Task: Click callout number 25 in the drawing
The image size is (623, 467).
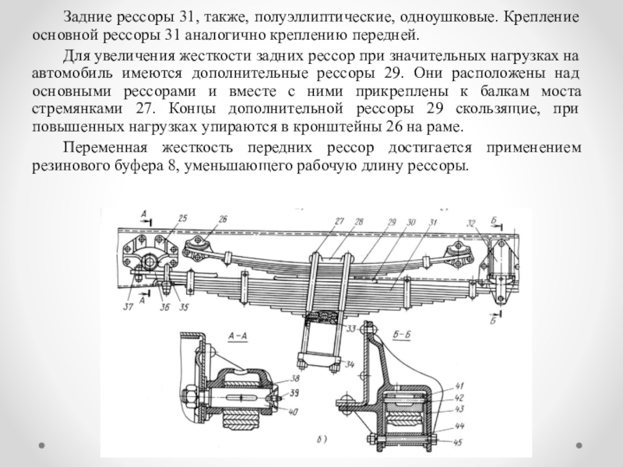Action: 182,219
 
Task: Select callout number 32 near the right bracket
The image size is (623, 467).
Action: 470,224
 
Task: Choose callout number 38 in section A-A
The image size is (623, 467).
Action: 294,378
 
